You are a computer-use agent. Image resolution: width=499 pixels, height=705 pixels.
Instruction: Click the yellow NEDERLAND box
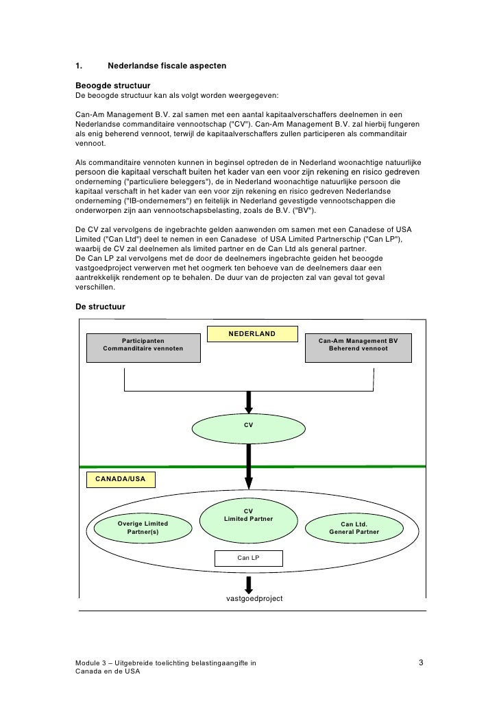pos(252,334)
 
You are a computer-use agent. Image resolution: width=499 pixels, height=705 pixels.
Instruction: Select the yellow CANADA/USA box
pos(120,479)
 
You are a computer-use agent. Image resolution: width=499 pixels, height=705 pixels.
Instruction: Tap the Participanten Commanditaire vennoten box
pos(143,344)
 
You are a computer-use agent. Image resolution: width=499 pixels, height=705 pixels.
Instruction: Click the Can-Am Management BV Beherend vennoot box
pos(358,344)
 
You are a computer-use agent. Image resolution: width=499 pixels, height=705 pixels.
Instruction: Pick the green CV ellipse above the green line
pos(249,426)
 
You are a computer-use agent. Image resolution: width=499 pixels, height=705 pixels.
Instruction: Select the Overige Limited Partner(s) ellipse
pos(143,528)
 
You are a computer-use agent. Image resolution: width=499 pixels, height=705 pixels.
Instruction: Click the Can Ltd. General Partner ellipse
pos(354,528)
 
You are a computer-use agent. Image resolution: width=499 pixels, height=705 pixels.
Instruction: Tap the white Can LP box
pos(248,558)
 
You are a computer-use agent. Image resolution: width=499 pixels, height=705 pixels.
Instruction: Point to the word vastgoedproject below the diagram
pos(254,598)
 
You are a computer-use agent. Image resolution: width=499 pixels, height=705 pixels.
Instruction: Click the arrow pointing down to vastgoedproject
pos(249,583)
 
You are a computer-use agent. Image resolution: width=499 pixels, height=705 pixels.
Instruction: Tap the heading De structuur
pos(100,307)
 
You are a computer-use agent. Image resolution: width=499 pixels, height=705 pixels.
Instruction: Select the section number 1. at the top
pos(79,66)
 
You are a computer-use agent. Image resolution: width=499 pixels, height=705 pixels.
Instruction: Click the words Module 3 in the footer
pos(93,663)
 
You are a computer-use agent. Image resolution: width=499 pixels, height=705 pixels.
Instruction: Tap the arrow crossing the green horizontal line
pos(249,468)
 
